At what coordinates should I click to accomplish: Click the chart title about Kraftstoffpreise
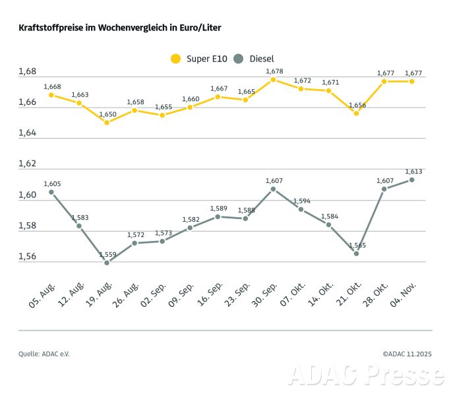(119, 29)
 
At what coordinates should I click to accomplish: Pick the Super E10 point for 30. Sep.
(273, 80)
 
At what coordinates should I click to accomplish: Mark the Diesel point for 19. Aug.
(106, 263)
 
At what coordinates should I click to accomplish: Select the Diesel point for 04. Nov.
(412, 180)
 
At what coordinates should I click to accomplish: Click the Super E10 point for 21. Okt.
(356, 114)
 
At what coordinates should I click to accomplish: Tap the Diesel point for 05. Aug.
(51, 192)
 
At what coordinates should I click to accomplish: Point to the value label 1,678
(274, 71)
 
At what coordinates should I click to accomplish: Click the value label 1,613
(413, 170)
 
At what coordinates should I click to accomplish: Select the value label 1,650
(107, 114)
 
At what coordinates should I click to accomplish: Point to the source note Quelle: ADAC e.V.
(44, 354)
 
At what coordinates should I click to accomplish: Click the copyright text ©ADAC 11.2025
(407, 354)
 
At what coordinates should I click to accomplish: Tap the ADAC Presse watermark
(366, 375)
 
